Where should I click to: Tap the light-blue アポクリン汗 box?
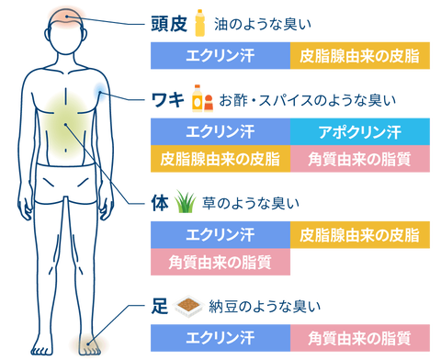pos(360,131)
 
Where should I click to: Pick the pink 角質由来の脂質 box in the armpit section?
pos(360,159)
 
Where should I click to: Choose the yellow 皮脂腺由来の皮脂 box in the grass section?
pos(360,235)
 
